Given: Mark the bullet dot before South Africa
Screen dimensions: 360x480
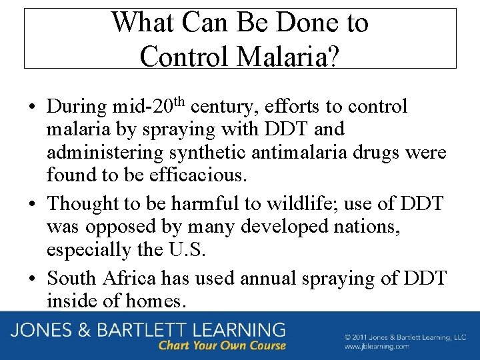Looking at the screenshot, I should [x=33, y=278].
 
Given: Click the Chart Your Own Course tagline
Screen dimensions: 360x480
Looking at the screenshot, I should [x=222, y=346].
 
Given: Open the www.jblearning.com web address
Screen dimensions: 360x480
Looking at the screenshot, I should [x=377, y=347].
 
